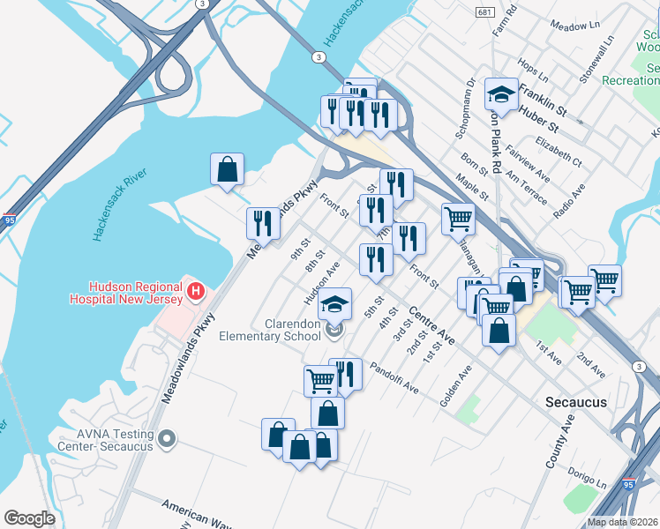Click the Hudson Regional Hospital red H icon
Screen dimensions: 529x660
(x=196, y=289)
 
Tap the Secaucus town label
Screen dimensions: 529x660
(x=576, y=401)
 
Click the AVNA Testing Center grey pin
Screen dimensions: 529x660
(x=169, y=438)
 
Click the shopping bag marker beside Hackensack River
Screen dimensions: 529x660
(x=227, y=168)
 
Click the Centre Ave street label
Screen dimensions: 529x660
(x=431, y=325)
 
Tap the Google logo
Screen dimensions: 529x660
(x=29, y=518)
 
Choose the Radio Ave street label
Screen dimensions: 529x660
(x=569, y=202)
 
